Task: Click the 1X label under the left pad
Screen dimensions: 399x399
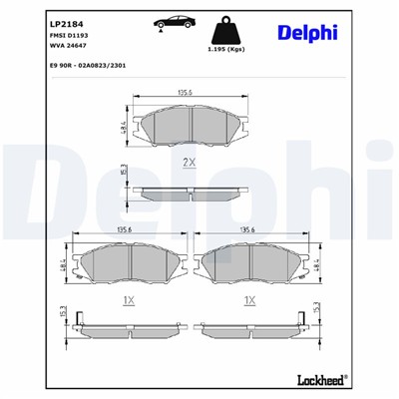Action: pos(128,299)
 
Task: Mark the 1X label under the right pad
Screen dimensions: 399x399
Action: pos(249,299)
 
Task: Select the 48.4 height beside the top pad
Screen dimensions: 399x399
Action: pos(122,128)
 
